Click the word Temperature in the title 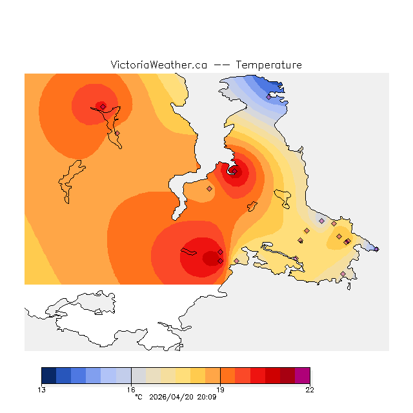(x=268, y=65)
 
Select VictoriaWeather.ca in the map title (x=158, y=65)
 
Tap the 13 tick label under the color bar (x=41, y=389)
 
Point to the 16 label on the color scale (x=131, y=389)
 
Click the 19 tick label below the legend (x=220, y=389)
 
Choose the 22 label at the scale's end (x=310, y=389)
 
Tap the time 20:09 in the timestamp (x=206, y=396)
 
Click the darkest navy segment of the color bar (x=48, y=376)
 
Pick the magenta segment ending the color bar (x=302, y=376)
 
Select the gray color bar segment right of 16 (x=138, y=376)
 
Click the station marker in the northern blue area (x=268, y=97)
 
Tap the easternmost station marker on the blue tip (x=376, y=249)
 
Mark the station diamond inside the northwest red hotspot (x=103, y=106)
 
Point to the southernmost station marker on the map (x=343, y=274)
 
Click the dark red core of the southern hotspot (x=210, y=258)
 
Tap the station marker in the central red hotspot (x=234, y=171)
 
